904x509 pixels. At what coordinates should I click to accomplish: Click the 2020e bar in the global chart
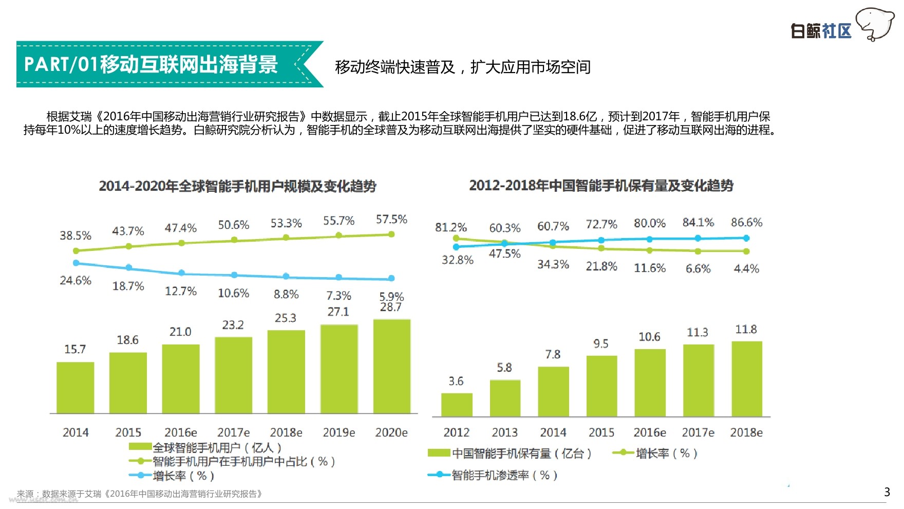tap(391, 366)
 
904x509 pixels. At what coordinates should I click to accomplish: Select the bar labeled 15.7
tap(75, 387)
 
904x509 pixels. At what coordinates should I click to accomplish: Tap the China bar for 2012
tap(457, 405)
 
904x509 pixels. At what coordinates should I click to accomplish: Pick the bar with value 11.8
tap(746, 378)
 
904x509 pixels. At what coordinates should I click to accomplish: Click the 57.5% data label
tap(391, 220)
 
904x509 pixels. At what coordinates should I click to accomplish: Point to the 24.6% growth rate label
tap(76, 281)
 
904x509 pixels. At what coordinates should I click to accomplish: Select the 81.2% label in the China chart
tap(451, 227)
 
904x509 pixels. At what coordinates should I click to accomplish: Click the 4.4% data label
tap(746, 268)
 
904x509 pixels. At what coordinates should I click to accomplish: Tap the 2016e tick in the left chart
tap(181, 432)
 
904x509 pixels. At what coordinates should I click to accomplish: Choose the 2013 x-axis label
tap(505, 432)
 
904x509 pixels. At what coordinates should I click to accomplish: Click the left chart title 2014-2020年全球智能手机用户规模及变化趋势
tap(238, 186)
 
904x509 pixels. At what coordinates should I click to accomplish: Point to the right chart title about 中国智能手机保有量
tap(601, 186)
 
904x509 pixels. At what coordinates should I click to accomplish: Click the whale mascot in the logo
tap(875, 24)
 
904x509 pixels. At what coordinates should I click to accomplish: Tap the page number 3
tap(887, 492)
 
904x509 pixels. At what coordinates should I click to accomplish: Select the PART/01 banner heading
tap(151, 64)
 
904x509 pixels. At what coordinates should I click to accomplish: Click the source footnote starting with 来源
tap(140, 494)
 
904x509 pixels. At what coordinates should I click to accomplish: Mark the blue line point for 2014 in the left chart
tap(77, 263)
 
